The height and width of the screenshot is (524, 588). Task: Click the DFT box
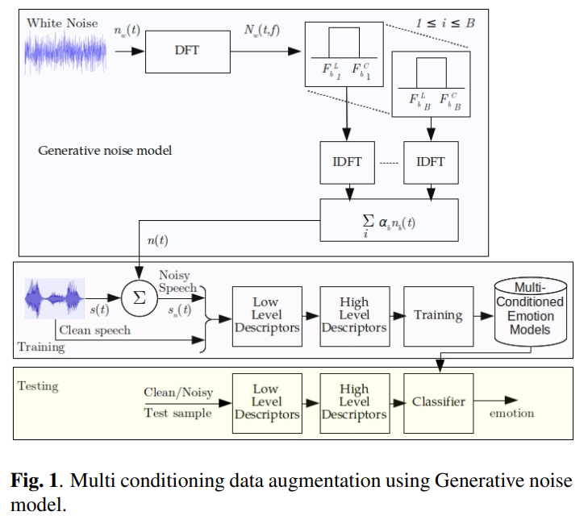(186, 50)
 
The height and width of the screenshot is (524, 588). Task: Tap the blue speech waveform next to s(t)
(55, 298)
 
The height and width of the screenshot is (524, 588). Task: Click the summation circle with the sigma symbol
(138, 297)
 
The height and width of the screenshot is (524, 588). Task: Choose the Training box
(438, 316)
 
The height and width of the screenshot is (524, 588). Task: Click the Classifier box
(438, 401)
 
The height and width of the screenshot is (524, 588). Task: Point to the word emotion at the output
(511, 414)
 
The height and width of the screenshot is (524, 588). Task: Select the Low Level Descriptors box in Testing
(266, 401)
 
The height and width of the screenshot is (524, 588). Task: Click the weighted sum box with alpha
(389, 219)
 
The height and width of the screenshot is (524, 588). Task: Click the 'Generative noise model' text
(105, 151)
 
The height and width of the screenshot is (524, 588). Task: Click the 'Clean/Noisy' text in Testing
(178, 393)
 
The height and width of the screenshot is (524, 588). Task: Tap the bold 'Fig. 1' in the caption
(33, 481)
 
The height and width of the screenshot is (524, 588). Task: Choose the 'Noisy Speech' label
(177, 281)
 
